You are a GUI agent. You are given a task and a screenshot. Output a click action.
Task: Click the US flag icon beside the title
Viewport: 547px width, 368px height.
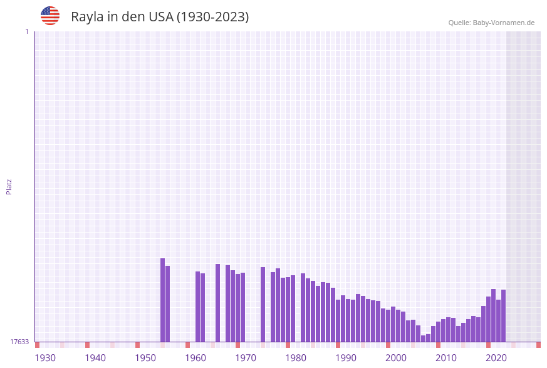[50, 16]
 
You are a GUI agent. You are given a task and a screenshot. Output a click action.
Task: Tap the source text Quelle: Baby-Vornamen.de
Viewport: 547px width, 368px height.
[491, 23]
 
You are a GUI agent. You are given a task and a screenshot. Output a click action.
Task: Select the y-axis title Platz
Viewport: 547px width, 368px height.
[9, 186]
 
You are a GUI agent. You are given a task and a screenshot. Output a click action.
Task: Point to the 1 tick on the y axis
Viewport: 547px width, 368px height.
[26, 31]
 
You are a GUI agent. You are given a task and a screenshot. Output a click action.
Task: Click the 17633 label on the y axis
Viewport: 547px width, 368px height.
[19, 342]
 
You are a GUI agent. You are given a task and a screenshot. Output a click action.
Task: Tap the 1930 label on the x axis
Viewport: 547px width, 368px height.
[45, 358]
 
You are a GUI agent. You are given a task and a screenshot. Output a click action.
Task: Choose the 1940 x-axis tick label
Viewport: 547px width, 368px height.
[95, 358]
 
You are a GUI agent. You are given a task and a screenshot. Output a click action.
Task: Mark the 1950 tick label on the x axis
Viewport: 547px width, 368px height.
[145, 358]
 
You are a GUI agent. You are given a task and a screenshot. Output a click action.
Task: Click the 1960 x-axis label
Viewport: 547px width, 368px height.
[195, 358]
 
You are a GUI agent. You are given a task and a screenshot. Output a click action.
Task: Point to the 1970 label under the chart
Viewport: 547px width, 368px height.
[246, 358]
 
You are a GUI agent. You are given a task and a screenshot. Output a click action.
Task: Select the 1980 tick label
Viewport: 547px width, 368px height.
[296, 358]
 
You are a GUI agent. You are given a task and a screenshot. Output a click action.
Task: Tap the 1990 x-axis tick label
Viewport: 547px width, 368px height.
[346, 358]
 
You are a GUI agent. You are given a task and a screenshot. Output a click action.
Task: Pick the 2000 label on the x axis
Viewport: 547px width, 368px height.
[396, 358]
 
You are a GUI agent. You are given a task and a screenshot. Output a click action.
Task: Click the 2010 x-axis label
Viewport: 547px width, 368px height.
[446, 358]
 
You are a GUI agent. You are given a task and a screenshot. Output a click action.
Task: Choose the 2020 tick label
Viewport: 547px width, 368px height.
[496, 358]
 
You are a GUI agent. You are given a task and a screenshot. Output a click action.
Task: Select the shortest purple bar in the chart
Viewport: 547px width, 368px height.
[423, 339]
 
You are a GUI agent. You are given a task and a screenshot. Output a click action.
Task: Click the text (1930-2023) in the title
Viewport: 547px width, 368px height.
[212, 17]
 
